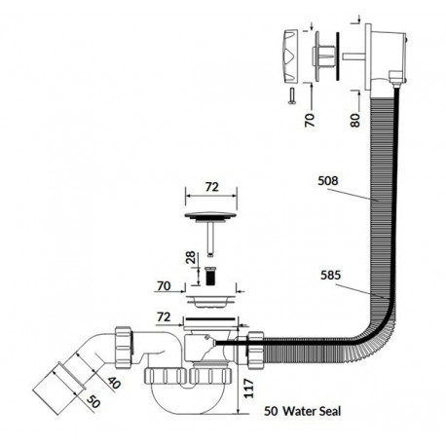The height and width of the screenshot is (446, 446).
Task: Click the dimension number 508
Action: (328, 180)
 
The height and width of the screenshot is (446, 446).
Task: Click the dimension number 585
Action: (330, 275)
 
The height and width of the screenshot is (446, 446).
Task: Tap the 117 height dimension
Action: (248, 389)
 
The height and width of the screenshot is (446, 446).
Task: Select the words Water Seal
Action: (312, 411)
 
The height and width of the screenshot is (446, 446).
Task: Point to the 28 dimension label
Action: (192, 257)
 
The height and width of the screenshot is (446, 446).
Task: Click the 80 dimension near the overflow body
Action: (355, 120)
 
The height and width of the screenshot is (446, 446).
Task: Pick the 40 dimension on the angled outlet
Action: (114, 383)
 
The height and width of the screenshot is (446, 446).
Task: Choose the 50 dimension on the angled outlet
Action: (93, 402)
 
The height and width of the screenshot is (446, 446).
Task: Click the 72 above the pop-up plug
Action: (212, 187)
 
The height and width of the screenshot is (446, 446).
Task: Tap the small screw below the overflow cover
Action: (291, 96)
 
